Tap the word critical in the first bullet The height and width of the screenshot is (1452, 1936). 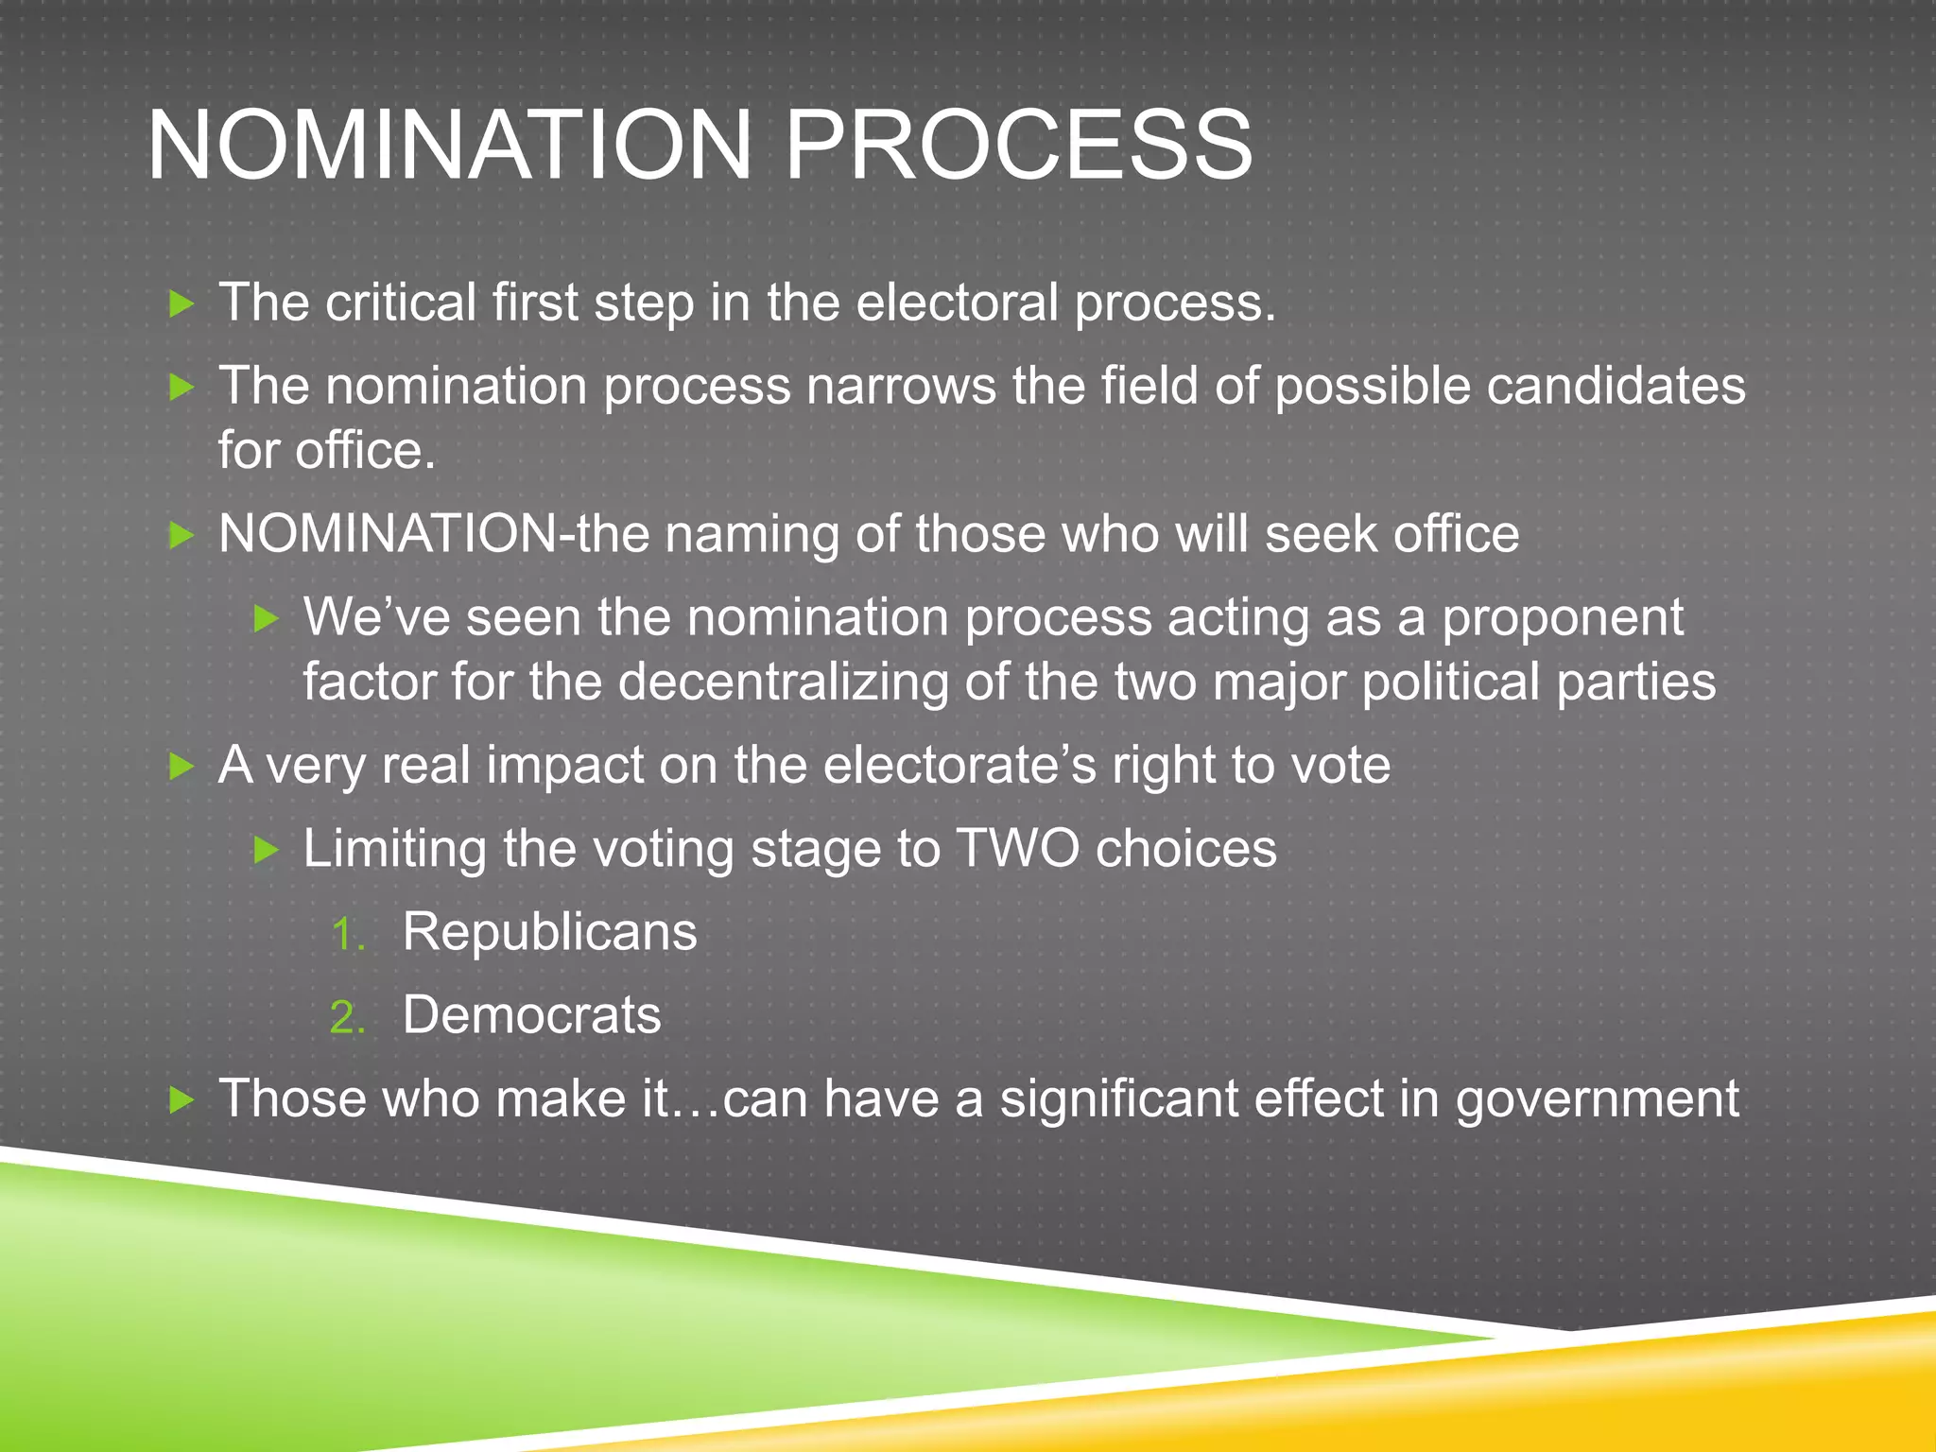pos(400,303)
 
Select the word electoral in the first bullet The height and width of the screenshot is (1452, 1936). pos(957,303)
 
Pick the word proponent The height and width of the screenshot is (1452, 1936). pos(1562,618)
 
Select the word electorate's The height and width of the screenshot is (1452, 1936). pos(959,765)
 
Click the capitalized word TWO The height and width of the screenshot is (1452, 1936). pos(1017,848)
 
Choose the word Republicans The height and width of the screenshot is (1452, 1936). pos(549,932)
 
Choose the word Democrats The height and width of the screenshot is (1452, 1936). pos(531,1015)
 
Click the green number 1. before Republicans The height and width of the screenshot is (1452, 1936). pos(347,936)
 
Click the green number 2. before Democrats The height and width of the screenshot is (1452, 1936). pos(347,1019)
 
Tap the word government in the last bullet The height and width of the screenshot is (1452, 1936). pos(1597,1099)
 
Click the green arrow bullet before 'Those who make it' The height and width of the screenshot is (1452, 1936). pos(181,1099)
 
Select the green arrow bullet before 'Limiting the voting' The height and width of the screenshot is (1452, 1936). pos(267,850)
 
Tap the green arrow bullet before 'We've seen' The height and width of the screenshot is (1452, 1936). pos(267,619)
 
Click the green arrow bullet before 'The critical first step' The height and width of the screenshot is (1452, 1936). pos(181,303)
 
